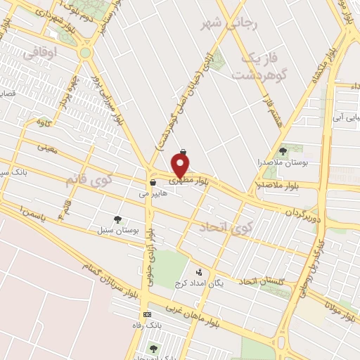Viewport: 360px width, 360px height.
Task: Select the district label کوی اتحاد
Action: point(225,227)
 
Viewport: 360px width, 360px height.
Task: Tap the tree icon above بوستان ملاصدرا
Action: point(283,150)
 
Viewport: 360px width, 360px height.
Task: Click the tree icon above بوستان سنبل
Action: point(117,219)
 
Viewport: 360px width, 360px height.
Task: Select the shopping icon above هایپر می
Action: point(153,183)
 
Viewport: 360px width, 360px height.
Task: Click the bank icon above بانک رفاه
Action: point(147,314)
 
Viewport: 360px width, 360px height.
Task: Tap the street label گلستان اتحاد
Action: point(262,281)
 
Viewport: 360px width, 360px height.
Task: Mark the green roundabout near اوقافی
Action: point(86,52)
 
